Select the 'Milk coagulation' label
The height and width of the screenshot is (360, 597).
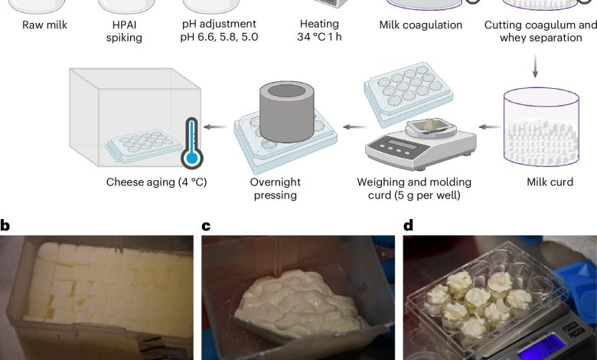tap(420, 25)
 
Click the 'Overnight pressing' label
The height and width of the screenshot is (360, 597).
tap(275, 188)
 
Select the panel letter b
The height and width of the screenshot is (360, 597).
tap(5, 225)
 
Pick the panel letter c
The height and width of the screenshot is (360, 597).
tap(206, 225)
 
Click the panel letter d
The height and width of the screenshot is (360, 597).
tap(408, 225)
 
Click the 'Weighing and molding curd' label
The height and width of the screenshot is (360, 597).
tap(414, 188)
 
